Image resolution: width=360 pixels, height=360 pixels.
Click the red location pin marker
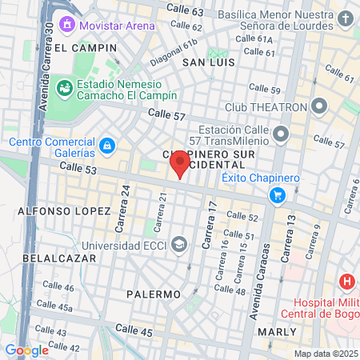[x=179, y=164]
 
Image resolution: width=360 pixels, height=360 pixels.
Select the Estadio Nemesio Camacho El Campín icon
[x=66, y=86]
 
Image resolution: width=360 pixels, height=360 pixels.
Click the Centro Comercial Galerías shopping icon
[x=106, y=146]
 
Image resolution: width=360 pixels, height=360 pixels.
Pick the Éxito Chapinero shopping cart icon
[x=278, y=194]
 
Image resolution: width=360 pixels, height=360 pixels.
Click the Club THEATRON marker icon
[x=319, y=106]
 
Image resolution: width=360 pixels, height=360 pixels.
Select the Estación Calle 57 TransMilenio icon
[x=280, y=134]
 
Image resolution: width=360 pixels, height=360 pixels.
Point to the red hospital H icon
[x=346, y=282]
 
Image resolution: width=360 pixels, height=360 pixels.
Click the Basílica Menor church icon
[x=345, y=19]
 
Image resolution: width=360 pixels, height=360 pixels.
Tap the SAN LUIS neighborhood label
[x=207, y=62]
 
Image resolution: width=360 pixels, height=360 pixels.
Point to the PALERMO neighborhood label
[x=154, y=294]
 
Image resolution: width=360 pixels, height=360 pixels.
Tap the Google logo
[x=26, y=350]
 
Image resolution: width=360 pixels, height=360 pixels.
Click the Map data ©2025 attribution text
[x=325, y=354]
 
